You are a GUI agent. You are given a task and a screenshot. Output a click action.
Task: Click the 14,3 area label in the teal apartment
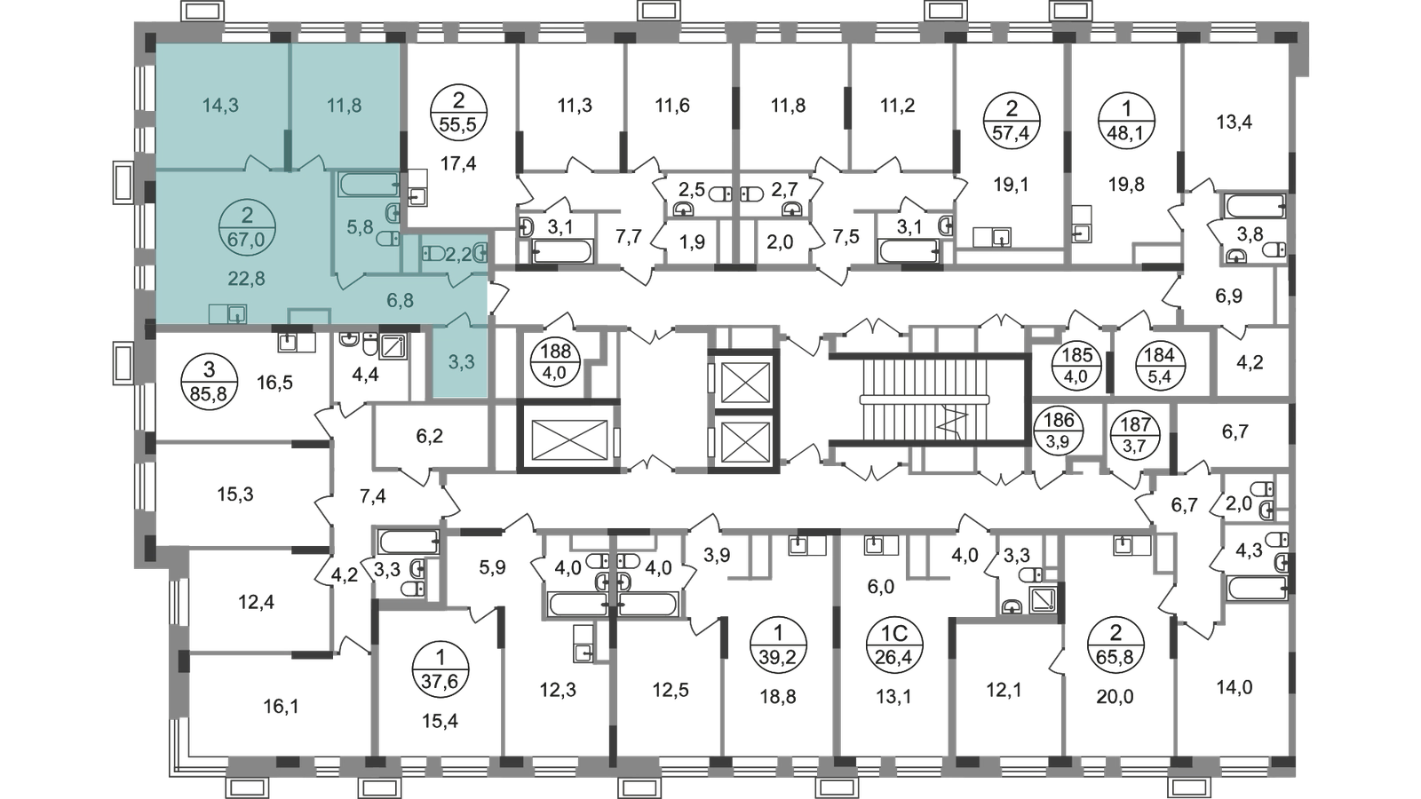(x=220, y=106)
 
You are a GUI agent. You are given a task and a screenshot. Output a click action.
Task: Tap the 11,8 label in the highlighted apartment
(x=345, y=106)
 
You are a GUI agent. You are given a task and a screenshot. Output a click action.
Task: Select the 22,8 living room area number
(x=247, y=278)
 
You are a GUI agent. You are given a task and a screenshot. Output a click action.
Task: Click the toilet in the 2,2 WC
(x=434, y=253)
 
